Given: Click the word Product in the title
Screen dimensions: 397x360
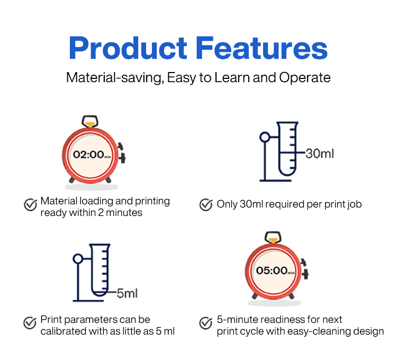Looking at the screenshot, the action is (x=128, y=48).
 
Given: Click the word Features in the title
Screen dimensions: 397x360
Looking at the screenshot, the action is (x=262, y=48).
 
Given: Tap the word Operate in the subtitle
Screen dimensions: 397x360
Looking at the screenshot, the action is (x=304, y=78).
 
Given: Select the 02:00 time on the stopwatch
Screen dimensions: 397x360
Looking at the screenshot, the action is (x=88, y=155).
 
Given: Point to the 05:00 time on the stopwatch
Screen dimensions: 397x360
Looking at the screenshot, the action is (x=272, y=271).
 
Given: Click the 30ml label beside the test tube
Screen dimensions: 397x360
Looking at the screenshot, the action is (x=320, y=154).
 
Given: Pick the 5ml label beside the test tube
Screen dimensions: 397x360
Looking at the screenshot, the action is (x=127, y=293).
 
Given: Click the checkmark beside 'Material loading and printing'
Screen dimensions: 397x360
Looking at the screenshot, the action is (x=31, y=204).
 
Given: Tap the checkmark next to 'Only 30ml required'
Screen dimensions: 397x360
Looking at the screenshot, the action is (x=206, y=204).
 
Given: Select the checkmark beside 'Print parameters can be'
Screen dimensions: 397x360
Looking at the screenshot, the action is (x=30, y=323).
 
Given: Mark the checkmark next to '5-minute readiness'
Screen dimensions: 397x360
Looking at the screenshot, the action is (x=205, y=323).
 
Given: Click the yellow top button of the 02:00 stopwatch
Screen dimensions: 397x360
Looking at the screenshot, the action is (x=90, y=124).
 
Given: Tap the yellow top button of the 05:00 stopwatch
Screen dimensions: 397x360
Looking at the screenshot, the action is (x=273, y=240).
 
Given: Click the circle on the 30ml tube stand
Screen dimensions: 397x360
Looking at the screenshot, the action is (x=265, y=137).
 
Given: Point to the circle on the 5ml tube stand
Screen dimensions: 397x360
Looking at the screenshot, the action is (x=78, y=259).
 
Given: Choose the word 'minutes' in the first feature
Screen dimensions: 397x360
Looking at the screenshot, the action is (x=124, y=213).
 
